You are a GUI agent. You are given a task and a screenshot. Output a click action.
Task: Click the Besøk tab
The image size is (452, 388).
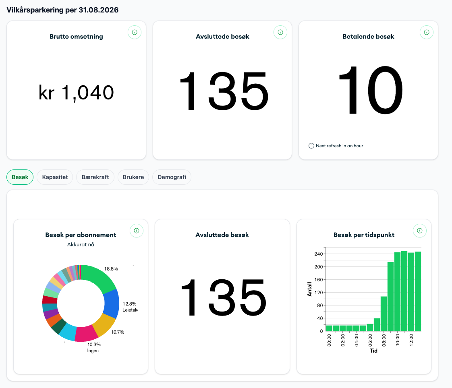click(x=20, y=177)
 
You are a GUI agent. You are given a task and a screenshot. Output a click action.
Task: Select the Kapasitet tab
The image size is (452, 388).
click(x=55, y=177)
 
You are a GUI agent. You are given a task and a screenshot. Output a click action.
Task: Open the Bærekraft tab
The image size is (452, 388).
click(x=95, y=177)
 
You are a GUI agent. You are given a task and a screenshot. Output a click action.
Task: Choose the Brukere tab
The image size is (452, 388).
click(x=133, y=177)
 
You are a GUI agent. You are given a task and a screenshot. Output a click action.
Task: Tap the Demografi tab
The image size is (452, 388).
click(x=172, y=177)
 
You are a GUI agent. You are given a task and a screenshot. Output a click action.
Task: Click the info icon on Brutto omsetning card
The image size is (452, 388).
click(x=135, y=32)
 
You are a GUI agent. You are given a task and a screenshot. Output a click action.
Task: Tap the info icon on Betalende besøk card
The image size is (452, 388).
click(x=427, y=32)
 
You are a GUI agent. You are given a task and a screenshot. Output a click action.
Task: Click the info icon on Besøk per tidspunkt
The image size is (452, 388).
click(x=420, y=231)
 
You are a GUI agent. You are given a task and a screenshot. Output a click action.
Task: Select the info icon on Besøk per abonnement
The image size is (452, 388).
click(x=137, y=231)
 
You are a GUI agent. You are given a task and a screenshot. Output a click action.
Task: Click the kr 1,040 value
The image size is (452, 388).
click(x=77, y=93)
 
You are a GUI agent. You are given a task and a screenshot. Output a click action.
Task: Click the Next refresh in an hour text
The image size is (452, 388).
click(x=339, y=146)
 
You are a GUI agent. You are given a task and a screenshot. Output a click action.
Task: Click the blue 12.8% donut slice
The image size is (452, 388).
click(x=112, y=304)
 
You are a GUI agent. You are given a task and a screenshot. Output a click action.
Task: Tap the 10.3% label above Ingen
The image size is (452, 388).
click(x=94, y=345)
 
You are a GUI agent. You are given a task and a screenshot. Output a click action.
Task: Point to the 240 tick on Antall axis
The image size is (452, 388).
click(x=319, y=254)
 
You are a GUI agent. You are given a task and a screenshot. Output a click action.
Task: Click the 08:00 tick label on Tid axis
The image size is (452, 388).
click(x=384, y=340)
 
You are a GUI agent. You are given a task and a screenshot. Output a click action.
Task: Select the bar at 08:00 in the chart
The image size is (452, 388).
click(x=384, y=314)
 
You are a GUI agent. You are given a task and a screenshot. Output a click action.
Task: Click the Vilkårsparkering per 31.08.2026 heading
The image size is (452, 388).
click(x=62, y=10)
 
